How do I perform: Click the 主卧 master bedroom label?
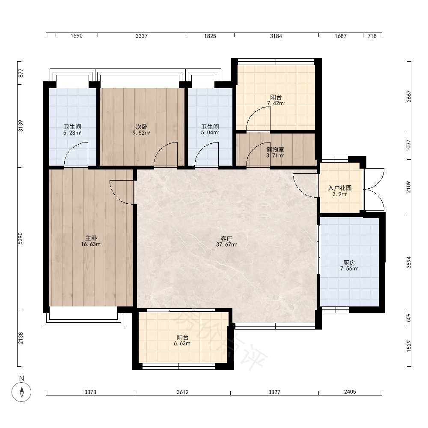pyautogui.click(x=91, y=238)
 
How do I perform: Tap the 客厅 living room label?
pyautogui.click(x=226, y=239)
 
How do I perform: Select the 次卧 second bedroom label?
pyautogui.click(x=141, y=127)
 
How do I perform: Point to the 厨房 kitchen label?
pyautogui.click(x=349, y=263)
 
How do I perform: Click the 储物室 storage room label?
pyautogui.click(x=275, y=149)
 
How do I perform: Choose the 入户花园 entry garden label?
pyautogui.click(x=339, y=188)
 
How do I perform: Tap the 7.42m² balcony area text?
pyautogui.click(x=276, y=104)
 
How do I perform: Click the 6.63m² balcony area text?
pyautogui.click(x=183, y=343)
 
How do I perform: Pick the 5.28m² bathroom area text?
pyautogui.click(x=72, y=133)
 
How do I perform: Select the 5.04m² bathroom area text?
pyautogui.click(x=210, y=133)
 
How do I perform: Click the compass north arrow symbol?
pyautogui.click(x=21, y=392)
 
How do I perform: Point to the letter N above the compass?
pyautogui.click(x=21, y=378)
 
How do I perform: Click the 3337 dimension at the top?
pyautogui.click(x=142, y=36)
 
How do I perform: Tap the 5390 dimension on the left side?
pyautogui.click(x=21, y=238)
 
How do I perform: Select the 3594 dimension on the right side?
pyautogui.click(x=409, y=262)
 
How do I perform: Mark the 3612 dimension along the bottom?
pyautogui.click(x=183, y=392)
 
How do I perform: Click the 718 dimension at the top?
pyautogui.click(x=372, y=36)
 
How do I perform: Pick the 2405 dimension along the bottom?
pyautogui.click(x=350, y=392)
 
